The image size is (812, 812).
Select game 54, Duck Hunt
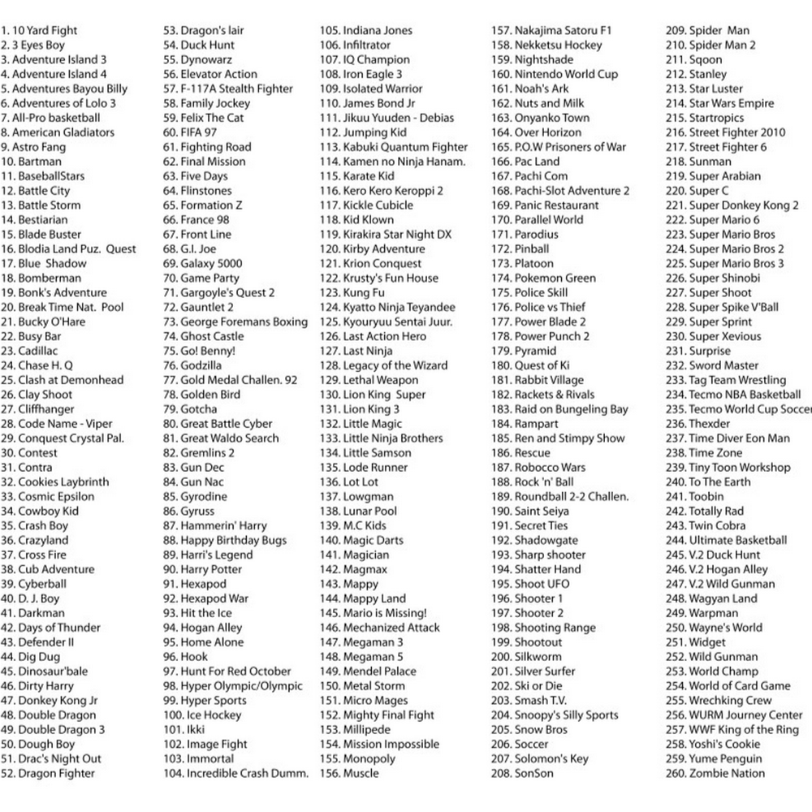(x=199, y=45)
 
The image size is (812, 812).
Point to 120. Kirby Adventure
(x=372, y=248)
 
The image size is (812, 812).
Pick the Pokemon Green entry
(x=544, y=278)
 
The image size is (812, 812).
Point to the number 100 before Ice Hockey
(x=173, y=715)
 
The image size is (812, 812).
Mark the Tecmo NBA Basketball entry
(x=732, y=395)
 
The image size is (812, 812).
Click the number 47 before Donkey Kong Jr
(x=7, y=701)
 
